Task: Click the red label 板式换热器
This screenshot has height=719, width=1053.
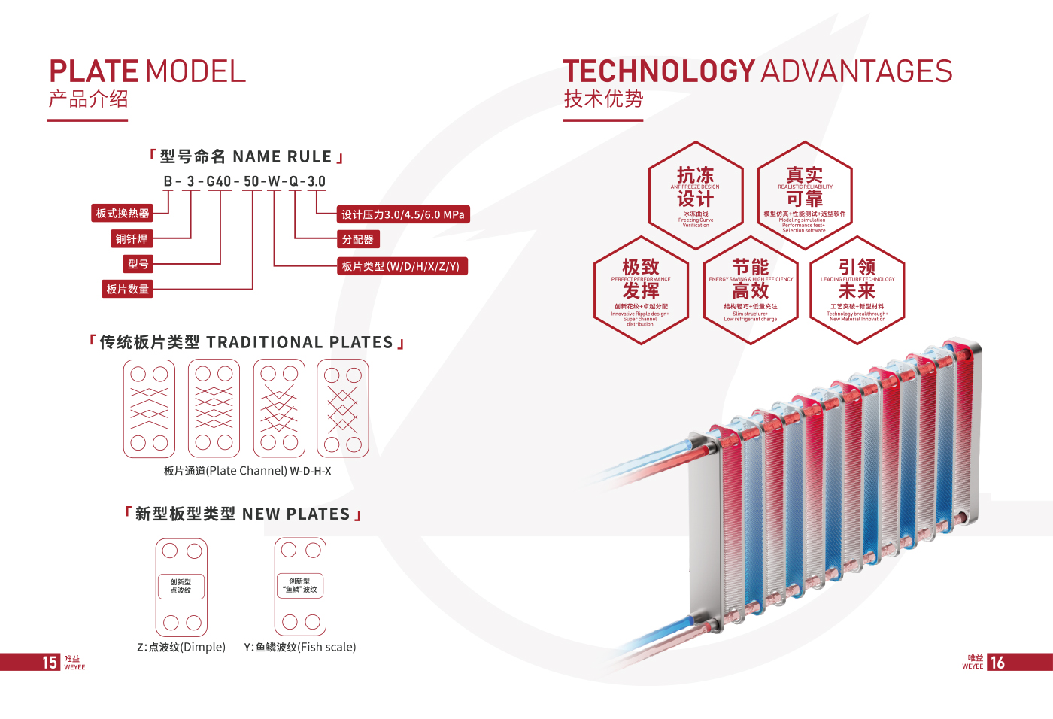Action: [122, 214]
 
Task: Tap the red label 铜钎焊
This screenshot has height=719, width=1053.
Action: [132, 239]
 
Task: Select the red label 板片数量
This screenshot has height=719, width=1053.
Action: [127, 289]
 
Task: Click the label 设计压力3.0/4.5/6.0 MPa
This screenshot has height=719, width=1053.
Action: [402, 214]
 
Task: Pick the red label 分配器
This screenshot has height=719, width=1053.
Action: [357, 239]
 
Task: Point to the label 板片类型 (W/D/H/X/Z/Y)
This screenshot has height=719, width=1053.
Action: [401, 266]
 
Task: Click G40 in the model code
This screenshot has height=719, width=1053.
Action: [219, 181]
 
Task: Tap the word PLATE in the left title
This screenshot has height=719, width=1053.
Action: [94, 72]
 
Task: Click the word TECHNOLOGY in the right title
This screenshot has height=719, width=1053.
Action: [659, 72]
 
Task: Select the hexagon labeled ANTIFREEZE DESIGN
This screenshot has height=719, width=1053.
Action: [696, 196]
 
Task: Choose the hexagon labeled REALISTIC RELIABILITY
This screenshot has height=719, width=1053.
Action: [804, 196]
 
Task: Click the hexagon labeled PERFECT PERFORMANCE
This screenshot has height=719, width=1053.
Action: [641, 290]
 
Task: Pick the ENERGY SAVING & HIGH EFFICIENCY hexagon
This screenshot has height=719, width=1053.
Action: [751, 290]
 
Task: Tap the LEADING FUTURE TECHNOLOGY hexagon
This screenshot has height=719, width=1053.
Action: [857, 290]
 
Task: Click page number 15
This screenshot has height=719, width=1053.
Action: [50, 663]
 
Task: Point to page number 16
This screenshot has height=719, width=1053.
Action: [997, 663]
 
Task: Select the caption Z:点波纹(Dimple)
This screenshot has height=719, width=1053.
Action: [181, 647]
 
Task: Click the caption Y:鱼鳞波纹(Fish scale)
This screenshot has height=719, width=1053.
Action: [299, 647]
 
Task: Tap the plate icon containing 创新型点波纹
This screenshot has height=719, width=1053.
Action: [181, 587]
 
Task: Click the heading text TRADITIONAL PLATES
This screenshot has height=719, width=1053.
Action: [299, 343]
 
